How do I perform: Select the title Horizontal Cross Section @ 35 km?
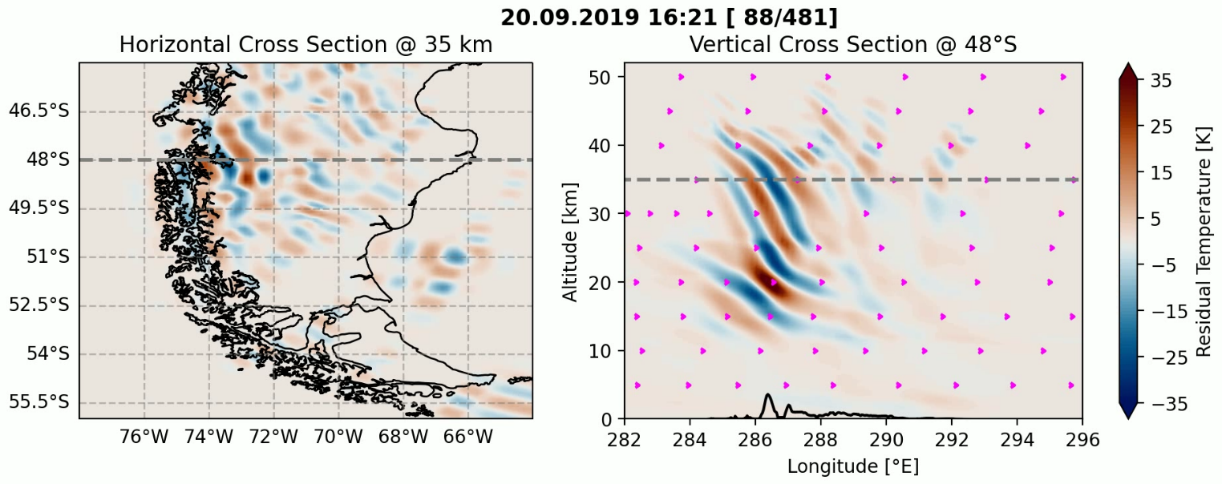pyautogui.click(x=305, y=46)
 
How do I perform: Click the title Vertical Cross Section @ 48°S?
pyautogui.click(x=852, y=46)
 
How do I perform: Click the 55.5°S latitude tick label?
pyautogui.click(x=39, y=401)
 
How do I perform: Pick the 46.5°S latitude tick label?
pyautogui.click(x=39, y=111)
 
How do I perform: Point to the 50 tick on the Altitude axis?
pyautogui.click(x=603, y=77)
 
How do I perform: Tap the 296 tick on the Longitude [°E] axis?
pyautogui.click(x=1082, y=438)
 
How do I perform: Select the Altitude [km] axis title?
pyautogui.click(x=570, y=241)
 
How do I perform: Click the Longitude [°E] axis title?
pyautogui.click(x=853, y=466)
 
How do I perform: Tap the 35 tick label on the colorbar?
pyautogui.click(x=1161, y=79)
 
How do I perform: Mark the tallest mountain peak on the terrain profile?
pyautogui.click(x=768, y=395)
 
